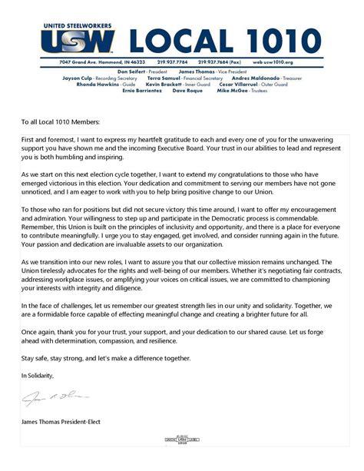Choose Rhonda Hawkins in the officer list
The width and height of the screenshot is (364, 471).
(98, 84)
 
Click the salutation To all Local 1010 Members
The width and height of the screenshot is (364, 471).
(66, 121)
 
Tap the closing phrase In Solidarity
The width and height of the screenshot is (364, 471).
(38, 375)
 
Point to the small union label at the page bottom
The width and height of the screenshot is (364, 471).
(182, 440)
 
